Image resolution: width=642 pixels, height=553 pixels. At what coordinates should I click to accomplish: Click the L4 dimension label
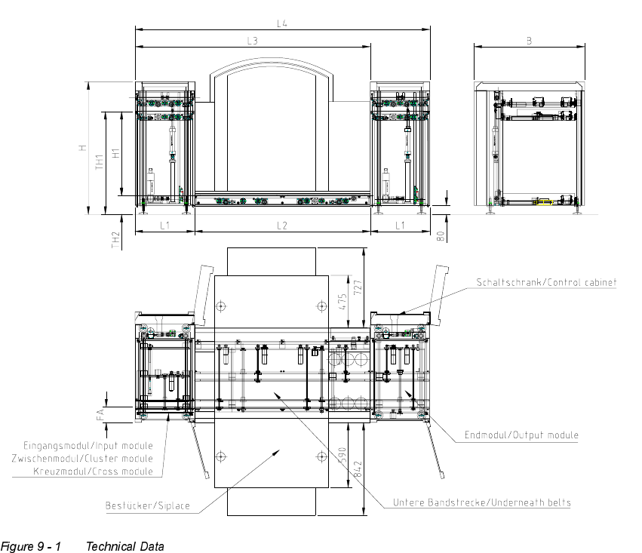(282, 23)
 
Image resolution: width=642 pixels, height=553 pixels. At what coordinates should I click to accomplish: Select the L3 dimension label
(253, 41)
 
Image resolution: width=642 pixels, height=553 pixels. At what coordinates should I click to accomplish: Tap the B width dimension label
(529, 41)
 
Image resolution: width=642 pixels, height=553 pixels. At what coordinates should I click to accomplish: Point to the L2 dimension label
(282, 226)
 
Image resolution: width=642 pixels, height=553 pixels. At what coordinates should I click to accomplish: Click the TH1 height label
(100, 162)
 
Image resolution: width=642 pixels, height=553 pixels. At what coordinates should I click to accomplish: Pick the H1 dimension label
(117, 153)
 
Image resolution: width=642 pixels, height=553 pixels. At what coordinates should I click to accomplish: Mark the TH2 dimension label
(116, 240)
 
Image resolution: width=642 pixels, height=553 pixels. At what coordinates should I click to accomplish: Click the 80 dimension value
(441, 236)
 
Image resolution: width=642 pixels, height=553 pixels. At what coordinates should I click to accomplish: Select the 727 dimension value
(358, 287)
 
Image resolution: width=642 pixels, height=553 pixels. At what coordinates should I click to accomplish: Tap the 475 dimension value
(343, 302)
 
